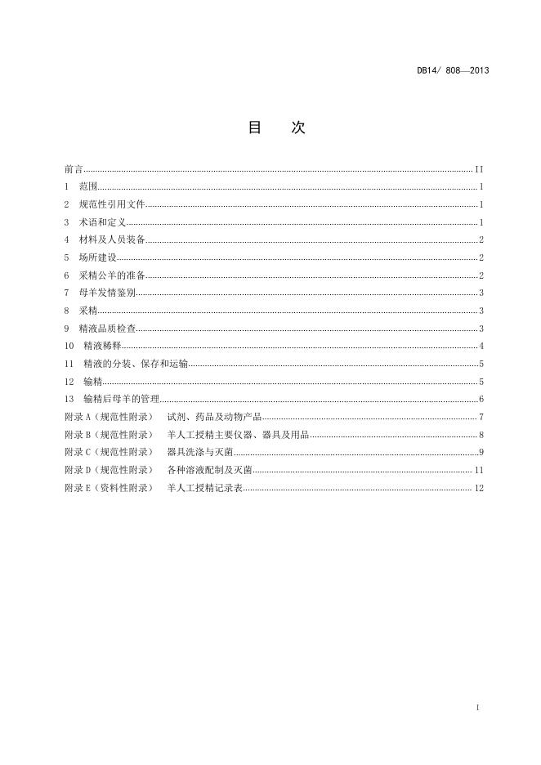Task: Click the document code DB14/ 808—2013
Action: click(452, 70)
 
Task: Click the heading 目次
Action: click(276, 128)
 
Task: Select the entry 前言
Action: click(73, 169)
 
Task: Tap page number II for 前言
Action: click(480, 169)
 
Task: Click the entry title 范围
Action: click(88, 187)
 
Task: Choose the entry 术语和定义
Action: click(102, 222)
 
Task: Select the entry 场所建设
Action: click(97, 257)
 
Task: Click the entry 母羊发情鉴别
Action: click(107, 293)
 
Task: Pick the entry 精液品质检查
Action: click(107, 329)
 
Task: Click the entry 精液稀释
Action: click(102, 346)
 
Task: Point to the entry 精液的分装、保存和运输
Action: click(136, 364)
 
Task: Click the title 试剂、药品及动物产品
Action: click(214, 417)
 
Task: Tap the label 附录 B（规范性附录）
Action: click(108, 435)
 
